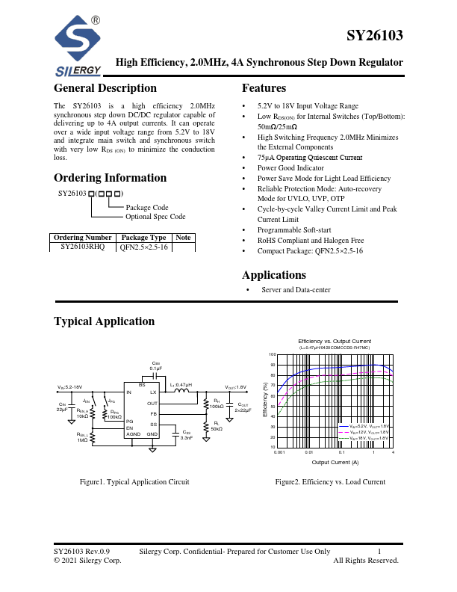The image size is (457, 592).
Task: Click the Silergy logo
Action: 78,46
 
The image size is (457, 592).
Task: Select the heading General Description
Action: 105,88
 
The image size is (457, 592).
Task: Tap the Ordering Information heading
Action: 110,178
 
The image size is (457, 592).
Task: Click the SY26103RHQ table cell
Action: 82,245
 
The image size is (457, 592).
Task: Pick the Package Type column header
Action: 143,237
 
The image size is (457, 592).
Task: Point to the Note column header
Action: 183,237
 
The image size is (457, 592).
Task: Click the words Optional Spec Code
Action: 155,216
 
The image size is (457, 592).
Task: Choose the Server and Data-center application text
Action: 296,290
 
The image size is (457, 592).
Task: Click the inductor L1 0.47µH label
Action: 181,384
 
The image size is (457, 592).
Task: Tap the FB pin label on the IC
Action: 153,413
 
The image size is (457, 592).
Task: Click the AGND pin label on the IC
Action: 133,434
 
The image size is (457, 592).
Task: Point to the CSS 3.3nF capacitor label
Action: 187,434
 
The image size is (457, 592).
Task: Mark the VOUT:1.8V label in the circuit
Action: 236,387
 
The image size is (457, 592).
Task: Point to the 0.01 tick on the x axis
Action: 309,453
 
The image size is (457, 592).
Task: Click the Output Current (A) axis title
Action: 335,463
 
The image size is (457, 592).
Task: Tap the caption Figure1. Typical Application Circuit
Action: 134,482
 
